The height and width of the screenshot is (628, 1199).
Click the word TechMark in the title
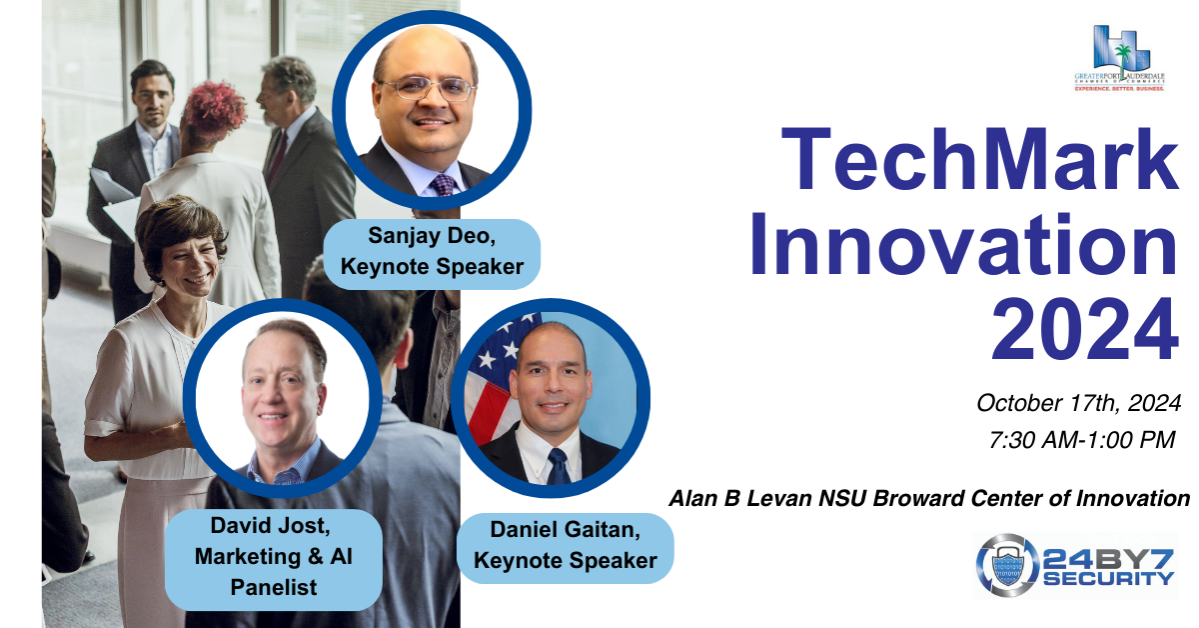click(979, 159)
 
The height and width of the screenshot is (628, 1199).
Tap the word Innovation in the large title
click(964, 244)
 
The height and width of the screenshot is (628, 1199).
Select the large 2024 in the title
click(1085, 328)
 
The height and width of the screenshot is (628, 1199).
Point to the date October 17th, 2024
click(1078, 403)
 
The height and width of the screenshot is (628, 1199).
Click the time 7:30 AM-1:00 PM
click(1082, 440)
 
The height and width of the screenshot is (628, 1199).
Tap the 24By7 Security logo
click(1075, 565)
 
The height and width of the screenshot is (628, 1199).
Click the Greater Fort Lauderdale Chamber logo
click(1120, 58)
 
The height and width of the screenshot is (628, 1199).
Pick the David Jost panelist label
click(274, 557)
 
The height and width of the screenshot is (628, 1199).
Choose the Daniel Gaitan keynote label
click(566, 545)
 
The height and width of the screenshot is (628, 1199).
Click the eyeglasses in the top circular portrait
click(427, 88)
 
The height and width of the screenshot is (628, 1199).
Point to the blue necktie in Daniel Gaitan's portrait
click(558, 466)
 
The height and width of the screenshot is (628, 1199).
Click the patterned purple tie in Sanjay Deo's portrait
click(444, 185)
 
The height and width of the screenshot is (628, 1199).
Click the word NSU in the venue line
click(842, 498)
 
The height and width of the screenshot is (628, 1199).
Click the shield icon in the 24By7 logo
click(1006, 566)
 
